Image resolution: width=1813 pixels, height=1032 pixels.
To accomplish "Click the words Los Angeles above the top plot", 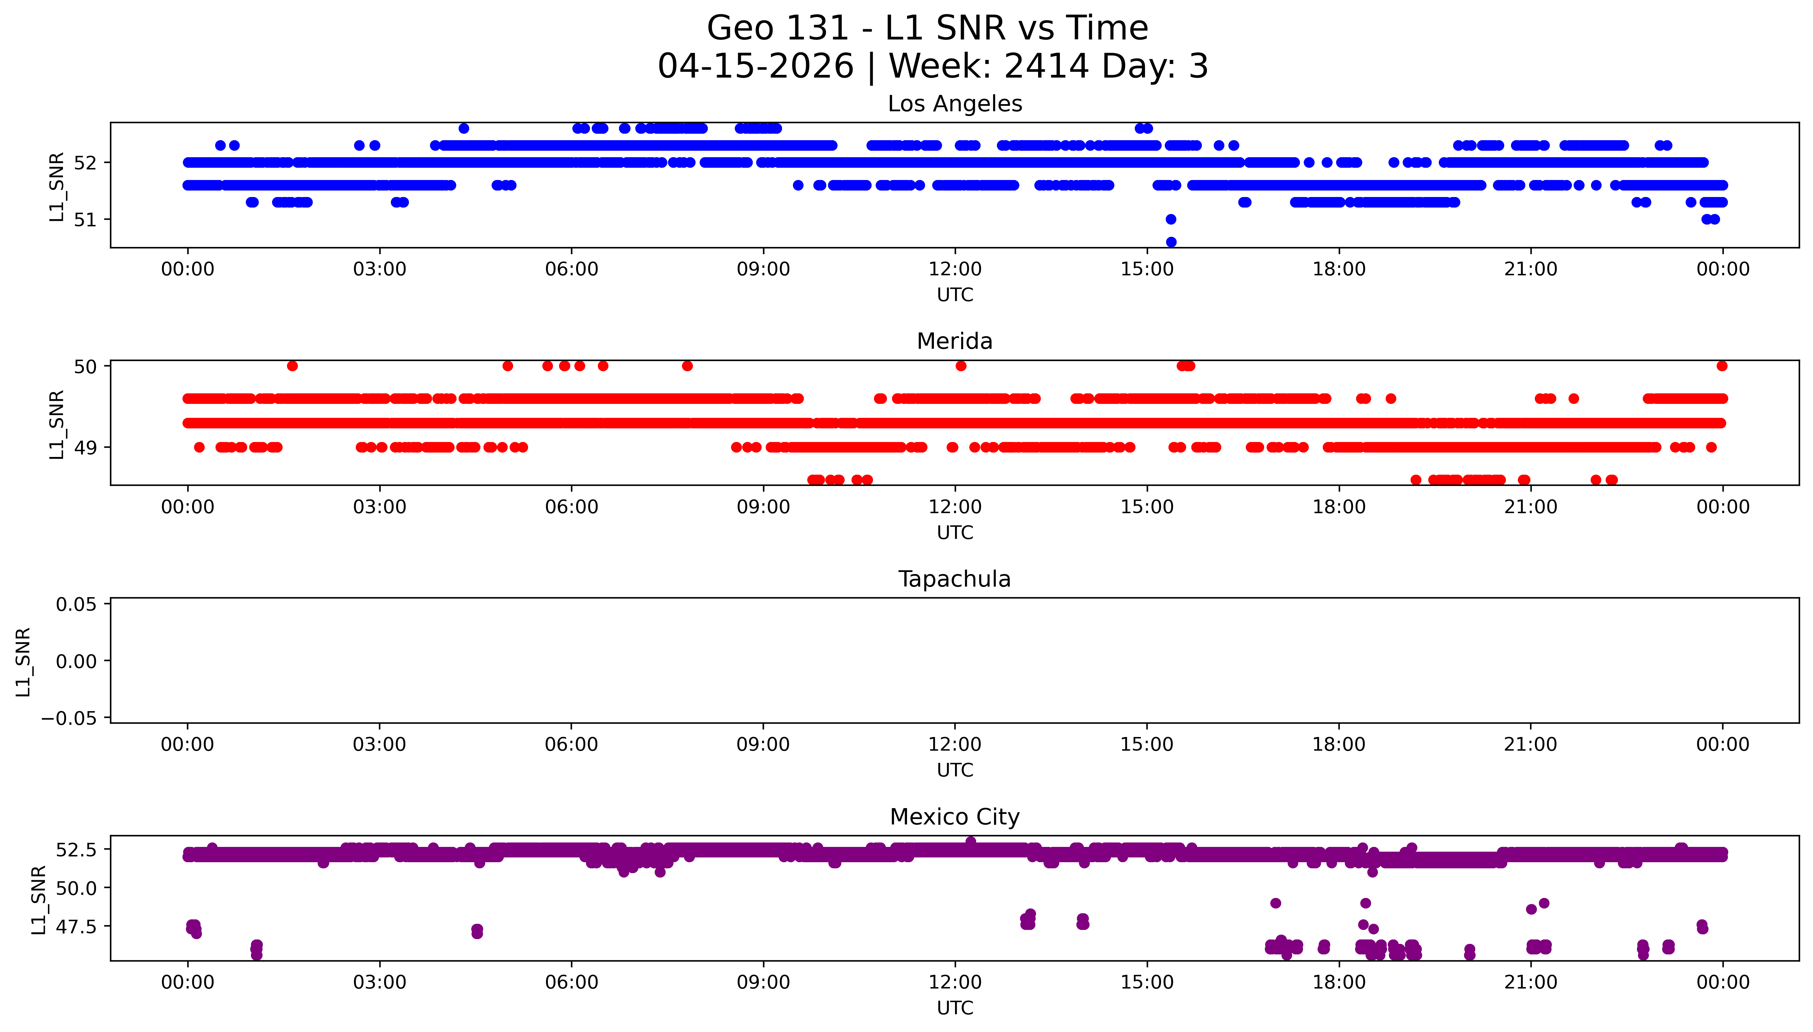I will click(x=954, y=104).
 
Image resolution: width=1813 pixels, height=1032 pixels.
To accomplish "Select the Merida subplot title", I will click(x=954, y=342).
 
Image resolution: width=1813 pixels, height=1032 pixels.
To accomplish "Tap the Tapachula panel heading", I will click(x=954, y=579).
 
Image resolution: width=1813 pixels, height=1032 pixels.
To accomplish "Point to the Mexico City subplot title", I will click(x=954, y=817).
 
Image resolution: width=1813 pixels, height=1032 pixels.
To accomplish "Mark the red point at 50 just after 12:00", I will click(x=961, y=366).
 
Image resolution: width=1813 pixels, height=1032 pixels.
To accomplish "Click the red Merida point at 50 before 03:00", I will click(x=292, y=366).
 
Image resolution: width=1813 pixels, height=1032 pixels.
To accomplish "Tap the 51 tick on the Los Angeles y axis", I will click(x=85, y=220).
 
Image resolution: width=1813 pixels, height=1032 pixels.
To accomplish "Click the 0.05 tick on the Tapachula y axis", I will click(x=77, y=605).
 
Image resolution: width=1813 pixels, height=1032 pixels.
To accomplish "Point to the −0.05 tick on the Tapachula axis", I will click(x=69, y=719).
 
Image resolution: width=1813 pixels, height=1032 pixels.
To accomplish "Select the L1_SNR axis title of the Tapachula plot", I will click(x=23, y=661).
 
